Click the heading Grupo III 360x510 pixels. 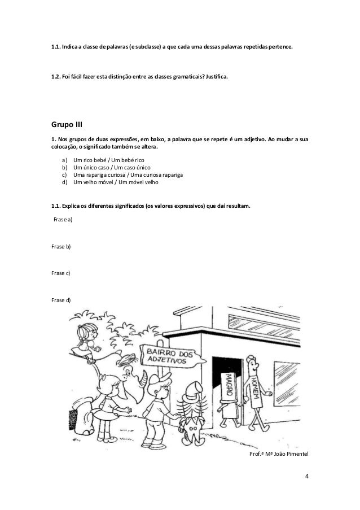tap(67, 123)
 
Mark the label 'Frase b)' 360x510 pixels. tap(61, 247)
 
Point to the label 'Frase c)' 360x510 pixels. tap(61, 273)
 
